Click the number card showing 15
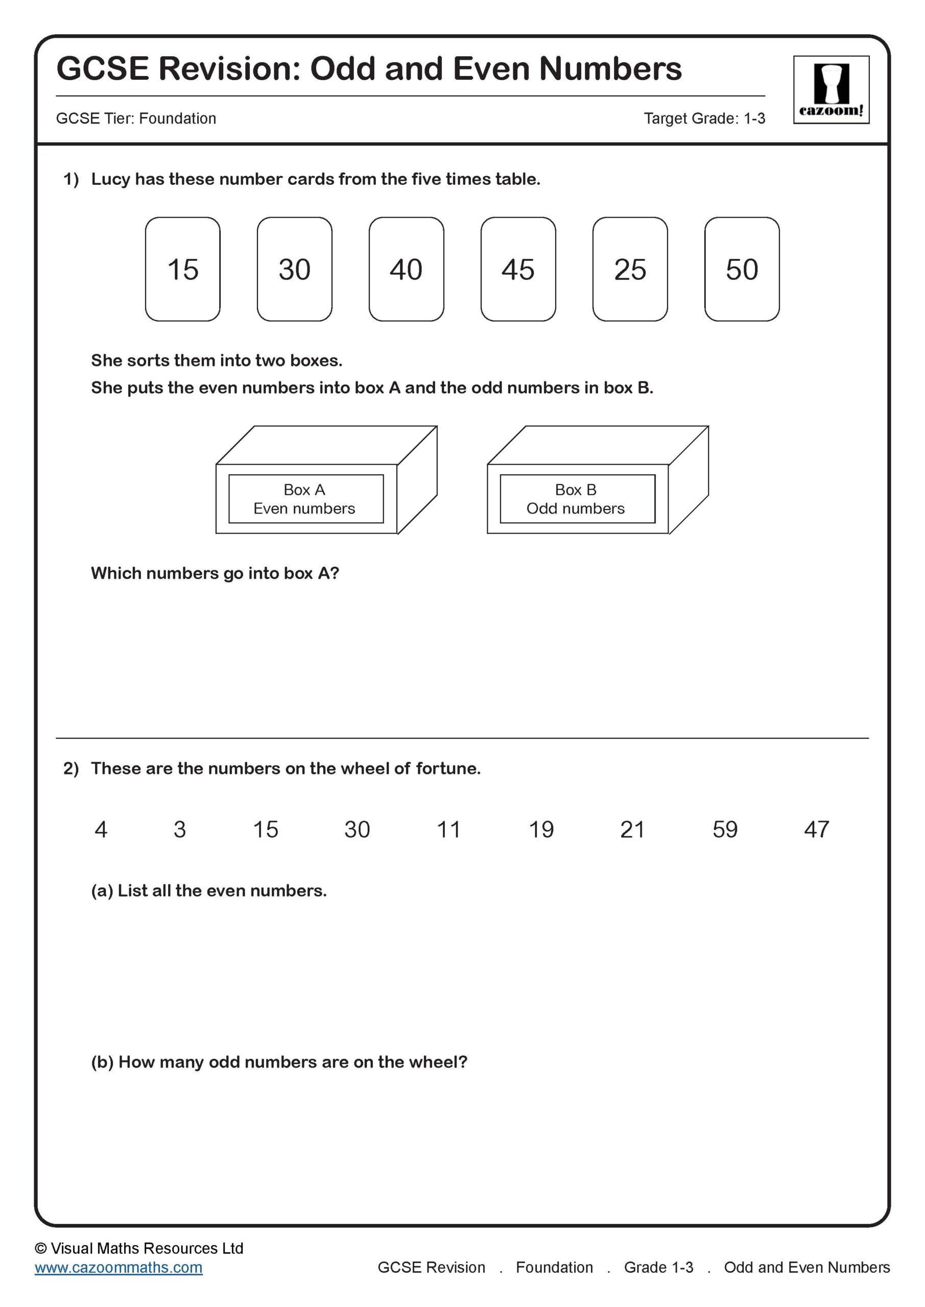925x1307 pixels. click(182, 269)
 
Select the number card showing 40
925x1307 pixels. click(406, 269)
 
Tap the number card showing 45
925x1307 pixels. click(518, 269)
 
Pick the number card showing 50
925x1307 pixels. click(742, 269)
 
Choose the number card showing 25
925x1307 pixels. click(630, 269)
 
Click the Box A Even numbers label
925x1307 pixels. click(305, 499)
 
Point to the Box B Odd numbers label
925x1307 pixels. click(577, 499)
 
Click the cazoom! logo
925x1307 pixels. click(831, 90)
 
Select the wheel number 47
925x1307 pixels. click(816, 830)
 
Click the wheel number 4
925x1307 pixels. click(101, 830)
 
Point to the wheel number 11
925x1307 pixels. click(448, 830)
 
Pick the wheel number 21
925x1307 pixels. click(632, 830)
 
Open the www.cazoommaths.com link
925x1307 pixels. click(118, 1267)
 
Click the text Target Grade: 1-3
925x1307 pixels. click(704, 118)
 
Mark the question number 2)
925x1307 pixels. click(70, 768)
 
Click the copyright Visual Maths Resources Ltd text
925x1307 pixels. click(139, 1248)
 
